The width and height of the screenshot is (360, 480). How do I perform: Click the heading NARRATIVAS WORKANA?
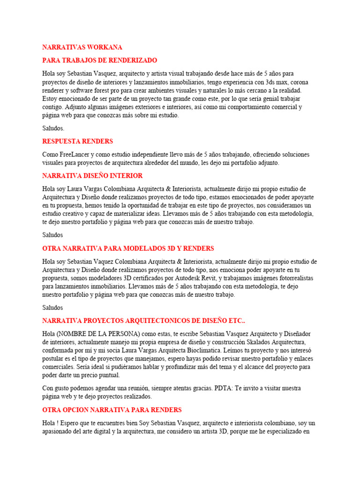82,47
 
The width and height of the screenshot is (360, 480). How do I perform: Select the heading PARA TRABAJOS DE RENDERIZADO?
100,60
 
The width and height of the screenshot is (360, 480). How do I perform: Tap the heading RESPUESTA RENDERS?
77,141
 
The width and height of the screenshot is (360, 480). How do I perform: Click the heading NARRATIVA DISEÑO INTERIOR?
92,176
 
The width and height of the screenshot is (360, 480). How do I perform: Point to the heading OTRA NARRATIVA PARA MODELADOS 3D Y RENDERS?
128,248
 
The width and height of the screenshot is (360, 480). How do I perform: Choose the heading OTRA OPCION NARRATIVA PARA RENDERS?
112,410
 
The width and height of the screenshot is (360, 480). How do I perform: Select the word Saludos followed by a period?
53,128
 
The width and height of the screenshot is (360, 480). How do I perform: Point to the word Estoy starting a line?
50,99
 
